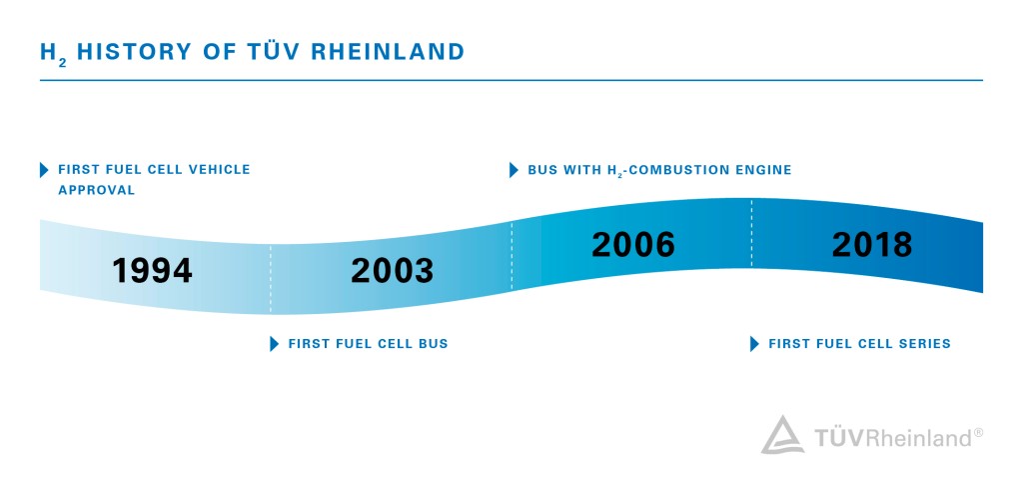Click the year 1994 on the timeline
coord(152,270)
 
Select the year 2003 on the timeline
coord(393,270)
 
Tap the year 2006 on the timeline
coord(633,245)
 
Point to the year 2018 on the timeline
coord(872,245)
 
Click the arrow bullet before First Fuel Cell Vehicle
coord(43,170)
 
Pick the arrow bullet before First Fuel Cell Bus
coord(274,344)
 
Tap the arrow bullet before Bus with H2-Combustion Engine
coord(513,170)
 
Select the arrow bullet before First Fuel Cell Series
coord(754,344)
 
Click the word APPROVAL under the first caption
coord(96,190)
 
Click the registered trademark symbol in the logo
coord(978,432)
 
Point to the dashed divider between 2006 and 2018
coord(751,233)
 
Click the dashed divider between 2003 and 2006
coord(511,256)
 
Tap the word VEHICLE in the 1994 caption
coord(218,170)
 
